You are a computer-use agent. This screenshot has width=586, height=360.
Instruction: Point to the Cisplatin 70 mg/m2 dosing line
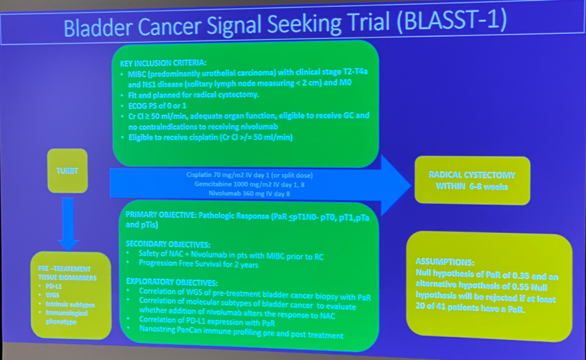click(250, 175)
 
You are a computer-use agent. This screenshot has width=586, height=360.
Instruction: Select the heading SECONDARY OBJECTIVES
click(167, 244)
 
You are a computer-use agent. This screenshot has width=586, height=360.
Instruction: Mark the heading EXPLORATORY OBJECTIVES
click(171, 282)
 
